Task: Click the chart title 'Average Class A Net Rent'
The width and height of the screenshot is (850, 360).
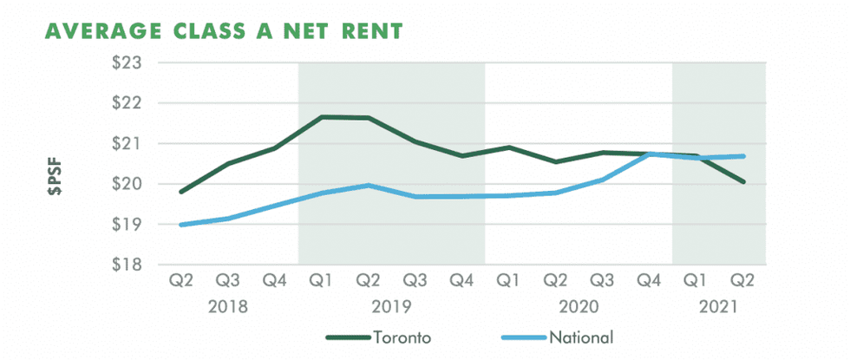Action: [x=224, y=31]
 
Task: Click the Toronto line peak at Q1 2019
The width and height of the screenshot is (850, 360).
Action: [x=322, y=116]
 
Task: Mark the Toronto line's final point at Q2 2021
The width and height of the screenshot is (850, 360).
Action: [x=744, y=182]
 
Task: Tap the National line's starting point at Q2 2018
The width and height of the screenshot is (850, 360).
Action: [x=181, y=225]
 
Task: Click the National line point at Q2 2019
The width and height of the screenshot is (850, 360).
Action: [x=369, y=185]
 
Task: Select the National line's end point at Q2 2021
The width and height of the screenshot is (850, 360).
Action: [x=744, y=156]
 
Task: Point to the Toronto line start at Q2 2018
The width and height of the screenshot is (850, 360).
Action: [x=181, y=192]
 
